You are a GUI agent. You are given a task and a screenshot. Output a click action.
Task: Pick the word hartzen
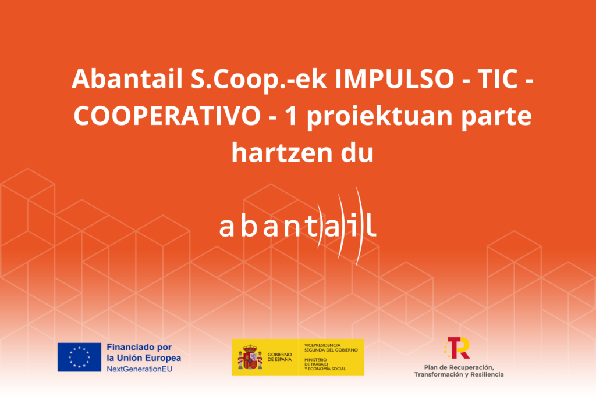[279, 153]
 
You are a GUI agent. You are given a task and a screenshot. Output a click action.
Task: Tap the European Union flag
[80, 357]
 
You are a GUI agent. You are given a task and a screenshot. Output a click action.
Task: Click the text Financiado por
[139, 347]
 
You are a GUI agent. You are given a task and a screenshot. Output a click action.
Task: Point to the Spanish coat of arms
[250, 357]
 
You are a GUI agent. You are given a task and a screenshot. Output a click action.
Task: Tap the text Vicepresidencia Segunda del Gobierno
[331, 348]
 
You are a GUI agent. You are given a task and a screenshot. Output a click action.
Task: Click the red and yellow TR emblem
[457, 348]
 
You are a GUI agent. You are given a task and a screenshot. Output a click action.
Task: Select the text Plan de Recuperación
[459, 367]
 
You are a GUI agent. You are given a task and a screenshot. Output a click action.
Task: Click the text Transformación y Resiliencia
[459, 375]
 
